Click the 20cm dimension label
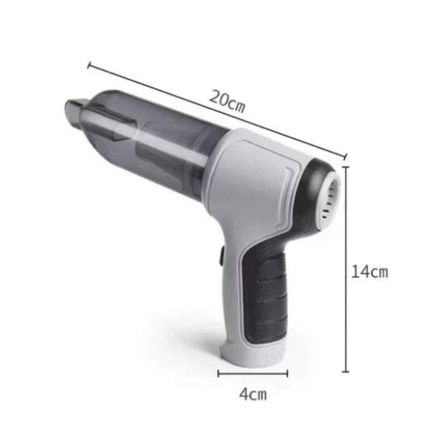[x=227, y=101]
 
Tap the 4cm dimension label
[x=253, y=394]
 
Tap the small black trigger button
[x=222, y=257]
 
